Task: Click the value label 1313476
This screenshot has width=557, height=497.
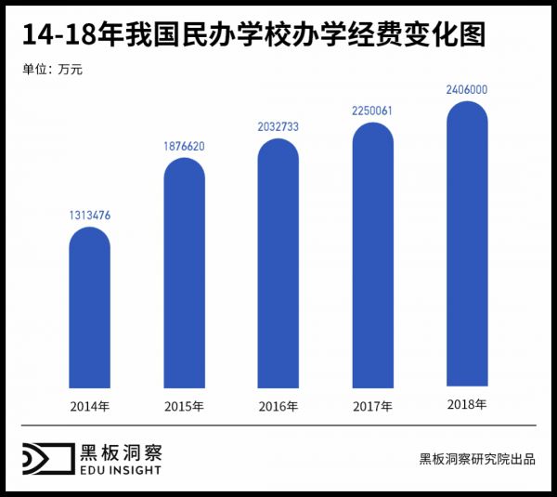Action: [90, 216]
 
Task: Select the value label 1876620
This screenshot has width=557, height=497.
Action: [185, 146]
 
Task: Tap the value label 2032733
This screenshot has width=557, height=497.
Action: [278, 127]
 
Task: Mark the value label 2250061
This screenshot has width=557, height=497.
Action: [373, 111]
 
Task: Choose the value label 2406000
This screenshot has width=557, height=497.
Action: [467, 90]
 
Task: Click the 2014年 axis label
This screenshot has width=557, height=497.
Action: [90, 407]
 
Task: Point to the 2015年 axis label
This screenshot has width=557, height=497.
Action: [185, 407]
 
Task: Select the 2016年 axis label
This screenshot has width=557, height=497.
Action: [278, 407]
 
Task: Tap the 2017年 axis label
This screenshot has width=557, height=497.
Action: [373, 407]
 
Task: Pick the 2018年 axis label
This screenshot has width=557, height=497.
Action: [467, 405]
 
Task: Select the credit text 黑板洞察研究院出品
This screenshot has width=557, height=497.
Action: [477, 459]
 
